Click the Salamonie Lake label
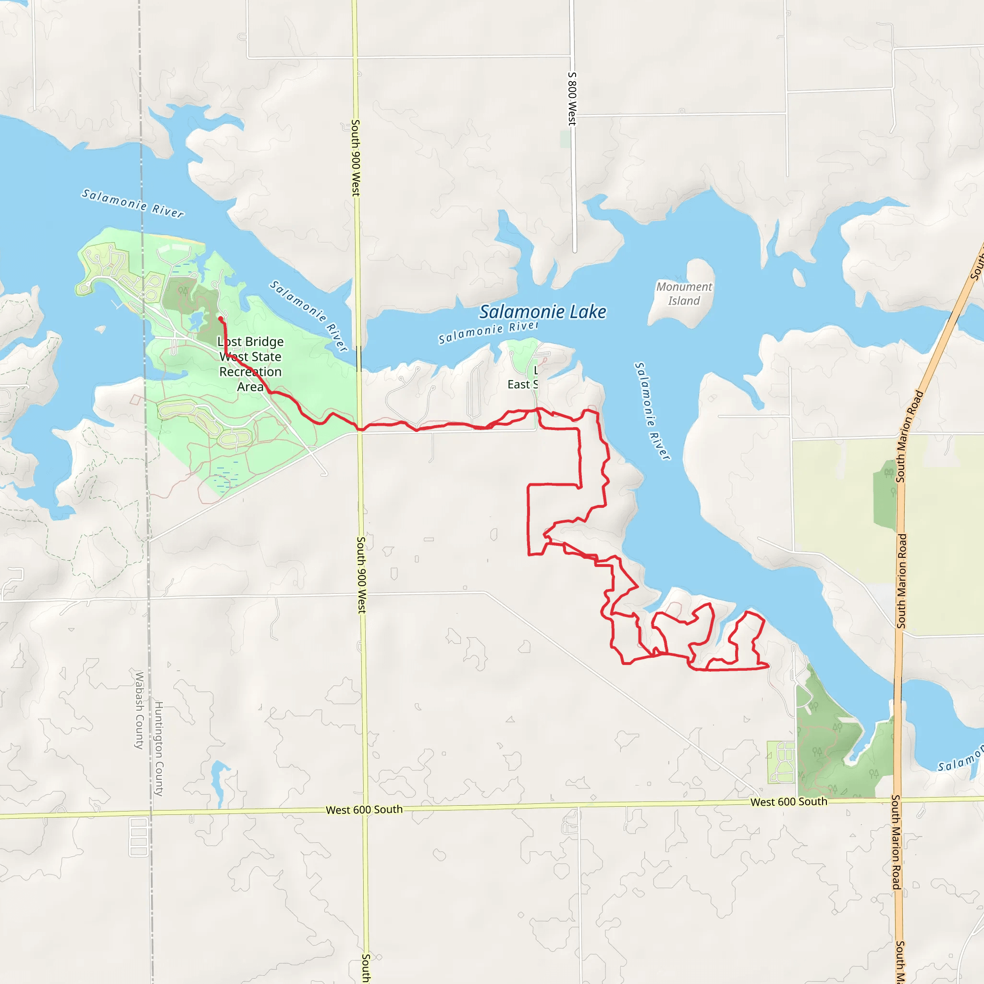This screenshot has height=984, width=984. tap(543, 312)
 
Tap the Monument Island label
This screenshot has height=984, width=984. tap(684, 294)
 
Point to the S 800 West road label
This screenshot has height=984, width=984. tap(572, 99)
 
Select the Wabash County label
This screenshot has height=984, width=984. tap(139, 711)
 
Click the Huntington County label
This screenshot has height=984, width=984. tap(159, 749)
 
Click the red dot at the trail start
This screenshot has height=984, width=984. tap(221, 319)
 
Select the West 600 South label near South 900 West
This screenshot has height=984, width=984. tap(364, 810)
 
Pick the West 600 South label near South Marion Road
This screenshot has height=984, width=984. tap(788, 802)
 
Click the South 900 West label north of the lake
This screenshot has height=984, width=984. tap(356, 158)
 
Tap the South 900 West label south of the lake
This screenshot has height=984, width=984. tap(361, 575)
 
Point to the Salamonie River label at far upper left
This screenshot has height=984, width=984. tap(133, 203)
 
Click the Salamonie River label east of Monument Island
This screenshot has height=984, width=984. tap(652, 411)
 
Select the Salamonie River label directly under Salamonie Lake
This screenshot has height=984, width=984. tap(488, 332)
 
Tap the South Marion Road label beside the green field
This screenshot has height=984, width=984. tap(902, 580)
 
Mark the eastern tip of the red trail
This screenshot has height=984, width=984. tap(768, 665)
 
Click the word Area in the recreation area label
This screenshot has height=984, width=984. tap(250, 387)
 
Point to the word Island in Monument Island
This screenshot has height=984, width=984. tap(684, 301)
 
